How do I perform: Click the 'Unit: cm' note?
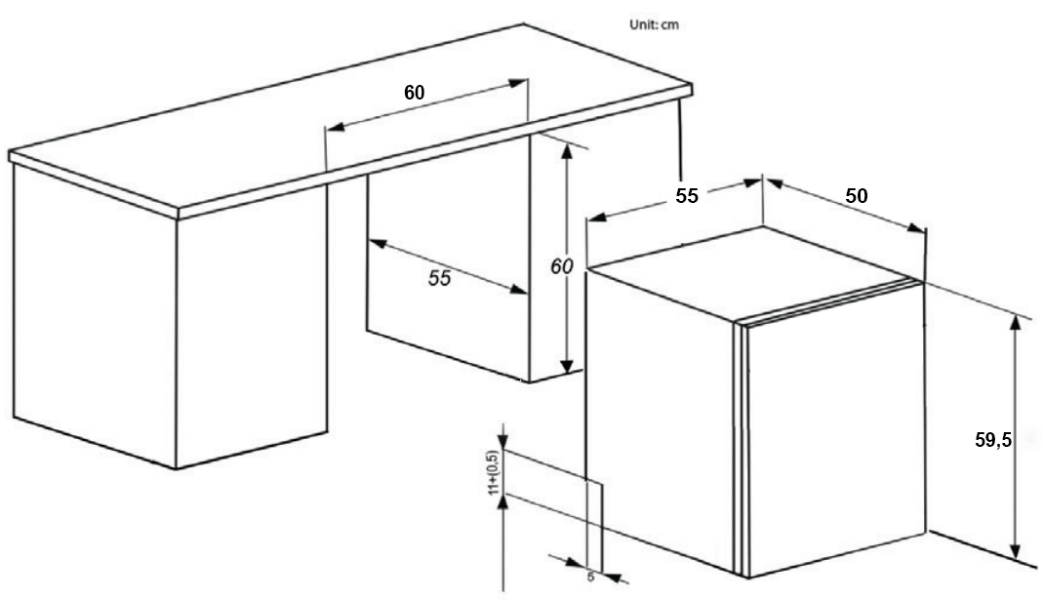click(x=654, y=25)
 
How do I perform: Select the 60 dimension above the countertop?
click(x=415, y=93)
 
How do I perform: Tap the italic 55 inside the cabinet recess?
click(x=440, y=278)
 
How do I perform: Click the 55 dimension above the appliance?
click(x=687, y=195)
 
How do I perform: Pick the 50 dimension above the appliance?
click(x=856, y=195)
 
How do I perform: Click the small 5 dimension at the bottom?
click(x=590, y=576)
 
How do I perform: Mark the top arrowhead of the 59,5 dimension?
click(x=1017, y=323)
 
